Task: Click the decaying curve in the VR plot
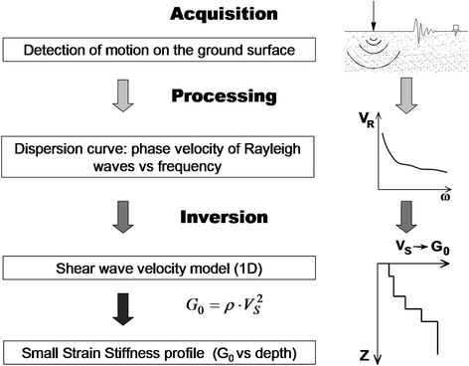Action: click(x=397, y=164)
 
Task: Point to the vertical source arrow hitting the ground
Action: click(x=376, y=16)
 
